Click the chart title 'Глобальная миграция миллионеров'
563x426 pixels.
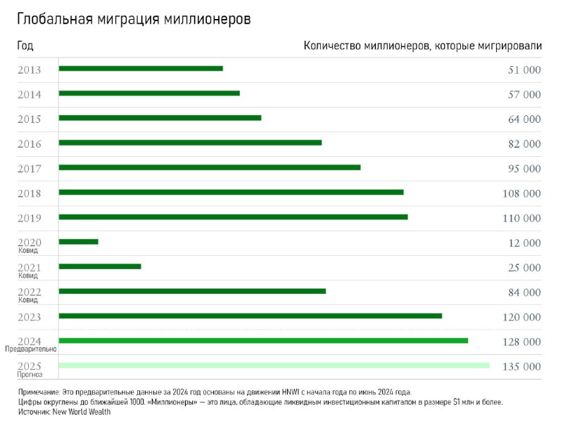click(134, 20)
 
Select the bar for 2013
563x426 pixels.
click(141, 68)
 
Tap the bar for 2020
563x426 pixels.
click(78, 242)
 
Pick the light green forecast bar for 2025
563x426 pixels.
click(274, 366)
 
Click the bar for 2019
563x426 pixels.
click(233, 217)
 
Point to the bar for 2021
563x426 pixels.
click(100, 266)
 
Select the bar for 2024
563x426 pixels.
click(263, 341)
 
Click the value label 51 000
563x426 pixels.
click(524, 70)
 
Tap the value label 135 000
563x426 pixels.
click(521, 366)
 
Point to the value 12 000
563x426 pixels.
click(524, 243)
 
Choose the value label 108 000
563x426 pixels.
click(521, 193)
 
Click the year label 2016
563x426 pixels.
click(30, 144)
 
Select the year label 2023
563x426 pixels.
click(30, 317)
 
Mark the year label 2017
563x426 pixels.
click(30, 169)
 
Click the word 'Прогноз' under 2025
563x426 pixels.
click(30, 375)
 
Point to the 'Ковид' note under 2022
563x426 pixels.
click(29, 300)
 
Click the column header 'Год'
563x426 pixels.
click(25, 46)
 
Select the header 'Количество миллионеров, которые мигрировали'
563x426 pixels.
click(422, 46)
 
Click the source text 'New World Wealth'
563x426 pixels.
click(82, 412)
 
